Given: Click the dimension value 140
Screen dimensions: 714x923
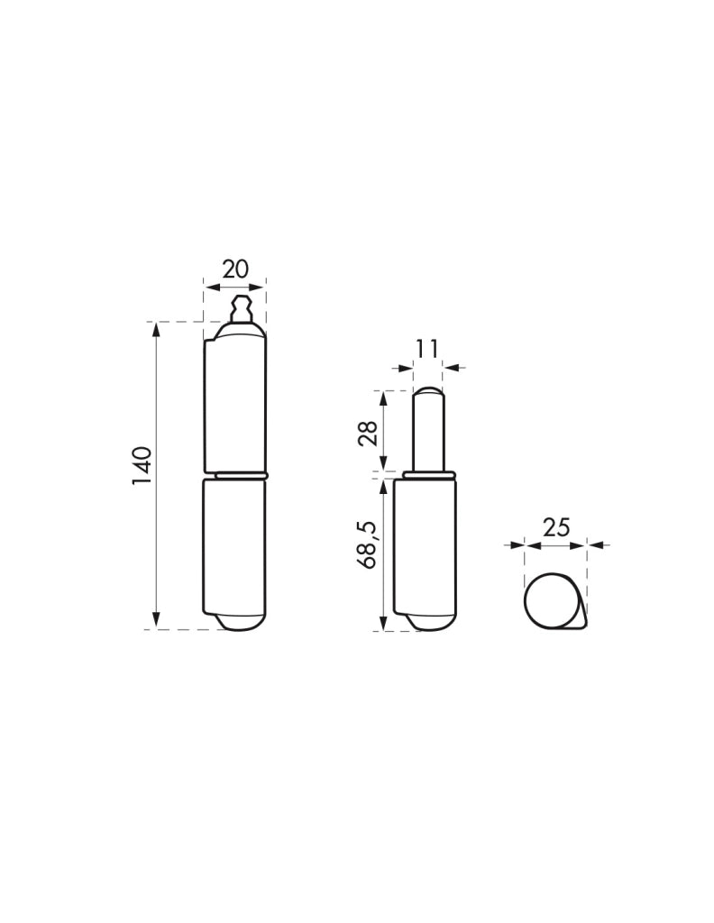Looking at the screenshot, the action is [142, 466].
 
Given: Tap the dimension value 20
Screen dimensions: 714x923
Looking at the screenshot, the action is [235, 269].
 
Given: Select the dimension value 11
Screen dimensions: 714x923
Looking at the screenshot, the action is [426, 349].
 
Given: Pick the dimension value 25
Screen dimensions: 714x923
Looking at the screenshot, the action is [556, 527].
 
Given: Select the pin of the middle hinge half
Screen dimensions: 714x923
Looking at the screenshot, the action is [428, 430].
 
